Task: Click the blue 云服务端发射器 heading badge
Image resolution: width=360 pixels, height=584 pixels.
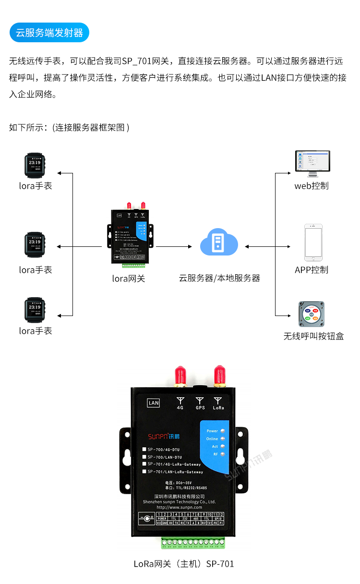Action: click(x=49, y=33)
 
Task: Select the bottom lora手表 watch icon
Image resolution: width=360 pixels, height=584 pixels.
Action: click(x=35, y=311)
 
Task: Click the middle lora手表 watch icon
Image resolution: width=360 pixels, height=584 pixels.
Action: click(x=35, y=245)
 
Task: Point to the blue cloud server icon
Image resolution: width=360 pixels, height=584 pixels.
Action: click(x=219, y=241)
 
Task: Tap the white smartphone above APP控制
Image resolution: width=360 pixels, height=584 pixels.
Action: click(x=313, y=242)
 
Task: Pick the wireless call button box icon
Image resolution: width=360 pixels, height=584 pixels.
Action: click(x=312, y=314)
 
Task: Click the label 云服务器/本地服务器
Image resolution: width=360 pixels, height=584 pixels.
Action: click(x=219, y=278)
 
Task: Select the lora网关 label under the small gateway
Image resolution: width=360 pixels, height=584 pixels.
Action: click(x=129, y=278)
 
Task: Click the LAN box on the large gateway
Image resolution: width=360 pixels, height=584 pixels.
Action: click(x=154, y=403)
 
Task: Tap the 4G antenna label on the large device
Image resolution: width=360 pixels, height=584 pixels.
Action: click(x=180, y=407)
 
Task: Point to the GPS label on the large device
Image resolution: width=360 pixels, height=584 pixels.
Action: click(x=200, y=407)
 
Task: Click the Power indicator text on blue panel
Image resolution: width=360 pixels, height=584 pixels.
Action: click(x=212, y=431)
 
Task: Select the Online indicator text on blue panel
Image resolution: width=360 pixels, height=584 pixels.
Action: click(x=212, y=438)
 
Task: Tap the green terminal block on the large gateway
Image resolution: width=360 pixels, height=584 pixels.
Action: click(x=193, y=543)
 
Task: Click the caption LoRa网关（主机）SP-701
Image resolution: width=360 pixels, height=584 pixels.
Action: click(x=184, y=564)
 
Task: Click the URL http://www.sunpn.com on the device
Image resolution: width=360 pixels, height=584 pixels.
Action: click(x=179, y=507)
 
